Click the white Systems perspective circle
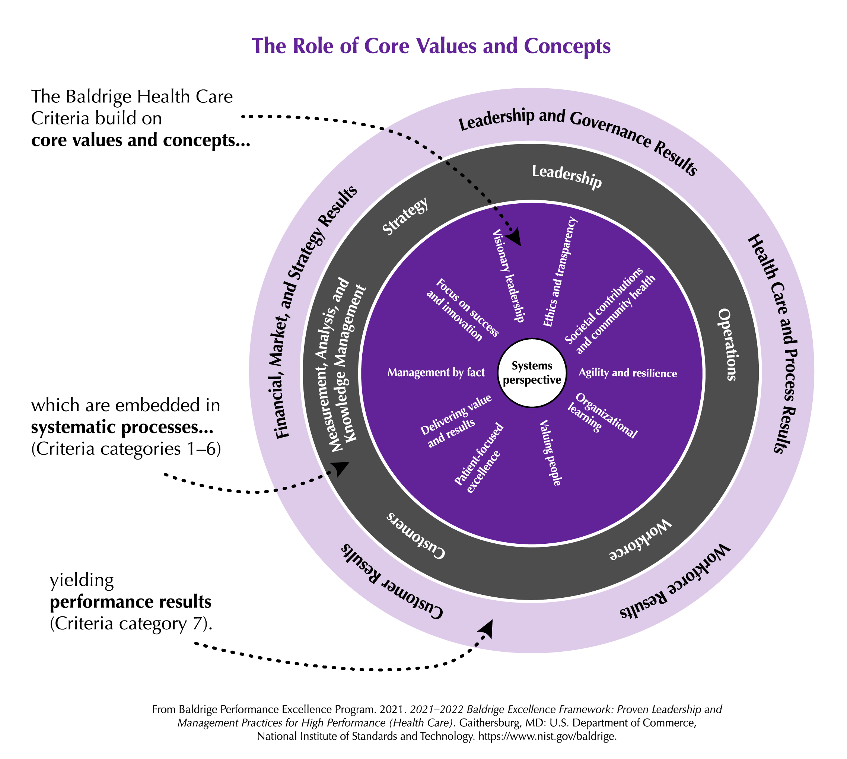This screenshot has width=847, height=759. (x=532, y=372)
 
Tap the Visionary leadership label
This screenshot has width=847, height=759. (x=508, y=276)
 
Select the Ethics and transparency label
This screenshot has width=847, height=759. (x=560, y=272)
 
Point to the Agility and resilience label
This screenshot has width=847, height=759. (x=627, y=373)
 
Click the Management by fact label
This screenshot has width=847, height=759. (x=436, y=372)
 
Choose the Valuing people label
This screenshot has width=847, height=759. (x=550, y=453)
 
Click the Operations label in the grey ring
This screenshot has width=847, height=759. (x=728, y=344)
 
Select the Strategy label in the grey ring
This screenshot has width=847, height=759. (x=405, y=216)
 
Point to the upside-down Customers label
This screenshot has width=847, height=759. (x=415, y=536)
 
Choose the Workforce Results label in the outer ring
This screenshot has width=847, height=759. (x=675, y=582)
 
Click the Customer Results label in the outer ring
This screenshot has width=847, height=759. (x=392, y=581)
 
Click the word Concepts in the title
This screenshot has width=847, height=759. (x=567, y=46)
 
